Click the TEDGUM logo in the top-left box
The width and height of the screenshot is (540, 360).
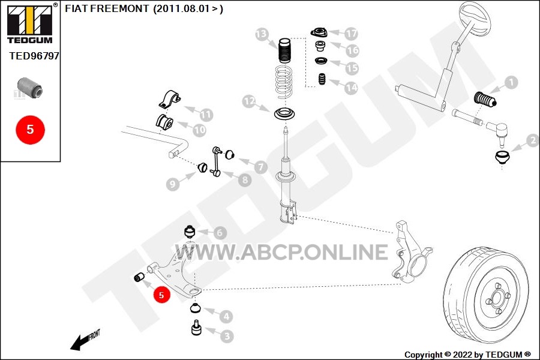pos(30,23)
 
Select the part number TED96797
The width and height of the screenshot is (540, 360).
pos(34,56)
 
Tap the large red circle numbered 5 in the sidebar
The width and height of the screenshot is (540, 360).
pos(31,130)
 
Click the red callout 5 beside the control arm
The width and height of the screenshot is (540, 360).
pos(161,295)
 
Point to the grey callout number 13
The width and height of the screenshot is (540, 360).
pos(262,34)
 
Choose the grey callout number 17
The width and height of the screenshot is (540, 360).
pos(351,34)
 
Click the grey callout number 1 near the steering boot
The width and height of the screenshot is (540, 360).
pos(511,82)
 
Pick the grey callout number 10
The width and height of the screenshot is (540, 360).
pos(199,130)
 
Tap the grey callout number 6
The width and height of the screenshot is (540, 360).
pos(220,233)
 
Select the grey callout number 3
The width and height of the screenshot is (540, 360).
pos(227,336)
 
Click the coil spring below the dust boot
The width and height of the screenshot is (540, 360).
pos(285,82)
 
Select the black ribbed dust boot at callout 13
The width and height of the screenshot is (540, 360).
pos(284,50)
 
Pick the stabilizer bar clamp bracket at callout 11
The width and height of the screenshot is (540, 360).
pos(169,100)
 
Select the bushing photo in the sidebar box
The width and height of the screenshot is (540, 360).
pos(30,88)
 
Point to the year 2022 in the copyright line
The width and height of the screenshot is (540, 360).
pos(463,355)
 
